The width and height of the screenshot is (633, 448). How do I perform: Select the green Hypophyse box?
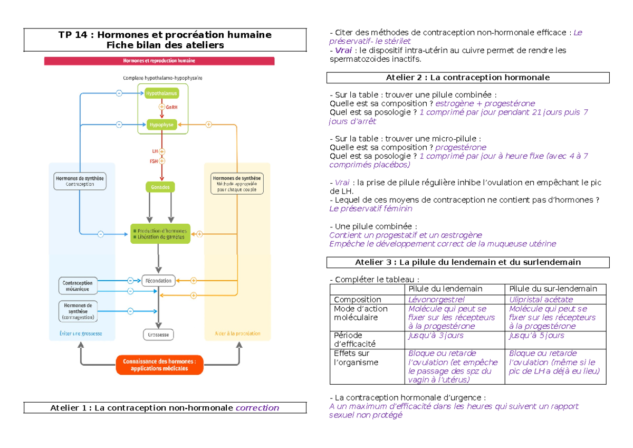(162, 125)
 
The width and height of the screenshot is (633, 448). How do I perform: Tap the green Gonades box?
(160, 187)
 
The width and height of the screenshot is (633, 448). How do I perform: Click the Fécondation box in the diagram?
(158, 280)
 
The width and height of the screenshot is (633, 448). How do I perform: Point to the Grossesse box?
(158, 335)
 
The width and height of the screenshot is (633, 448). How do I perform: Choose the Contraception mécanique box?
(78, 285)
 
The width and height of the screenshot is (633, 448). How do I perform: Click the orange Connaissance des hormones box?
(159, 365)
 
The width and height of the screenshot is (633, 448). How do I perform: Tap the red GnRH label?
(171, 107)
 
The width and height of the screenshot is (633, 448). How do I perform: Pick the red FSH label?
(154, 161)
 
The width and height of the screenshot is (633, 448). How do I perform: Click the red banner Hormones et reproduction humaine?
(159, 61)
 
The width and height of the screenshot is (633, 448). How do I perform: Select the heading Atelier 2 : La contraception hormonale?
(468, 78)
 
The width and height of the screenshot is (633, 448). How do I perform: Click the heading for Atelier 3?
(468, 262)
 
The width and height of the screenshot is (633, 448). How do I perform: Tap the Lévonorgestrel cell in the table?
(436, 300)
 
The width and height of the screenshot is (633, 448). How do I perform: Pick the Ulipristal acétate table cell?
(541, 300)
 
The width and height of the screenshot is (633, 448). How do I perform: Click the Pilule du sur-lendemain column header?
(553, 289)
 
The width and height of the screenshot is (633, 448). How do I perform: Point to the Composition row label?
(357, 300)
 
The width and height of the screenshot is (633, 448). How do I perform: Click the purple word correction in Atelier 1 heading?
(257, 408)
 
